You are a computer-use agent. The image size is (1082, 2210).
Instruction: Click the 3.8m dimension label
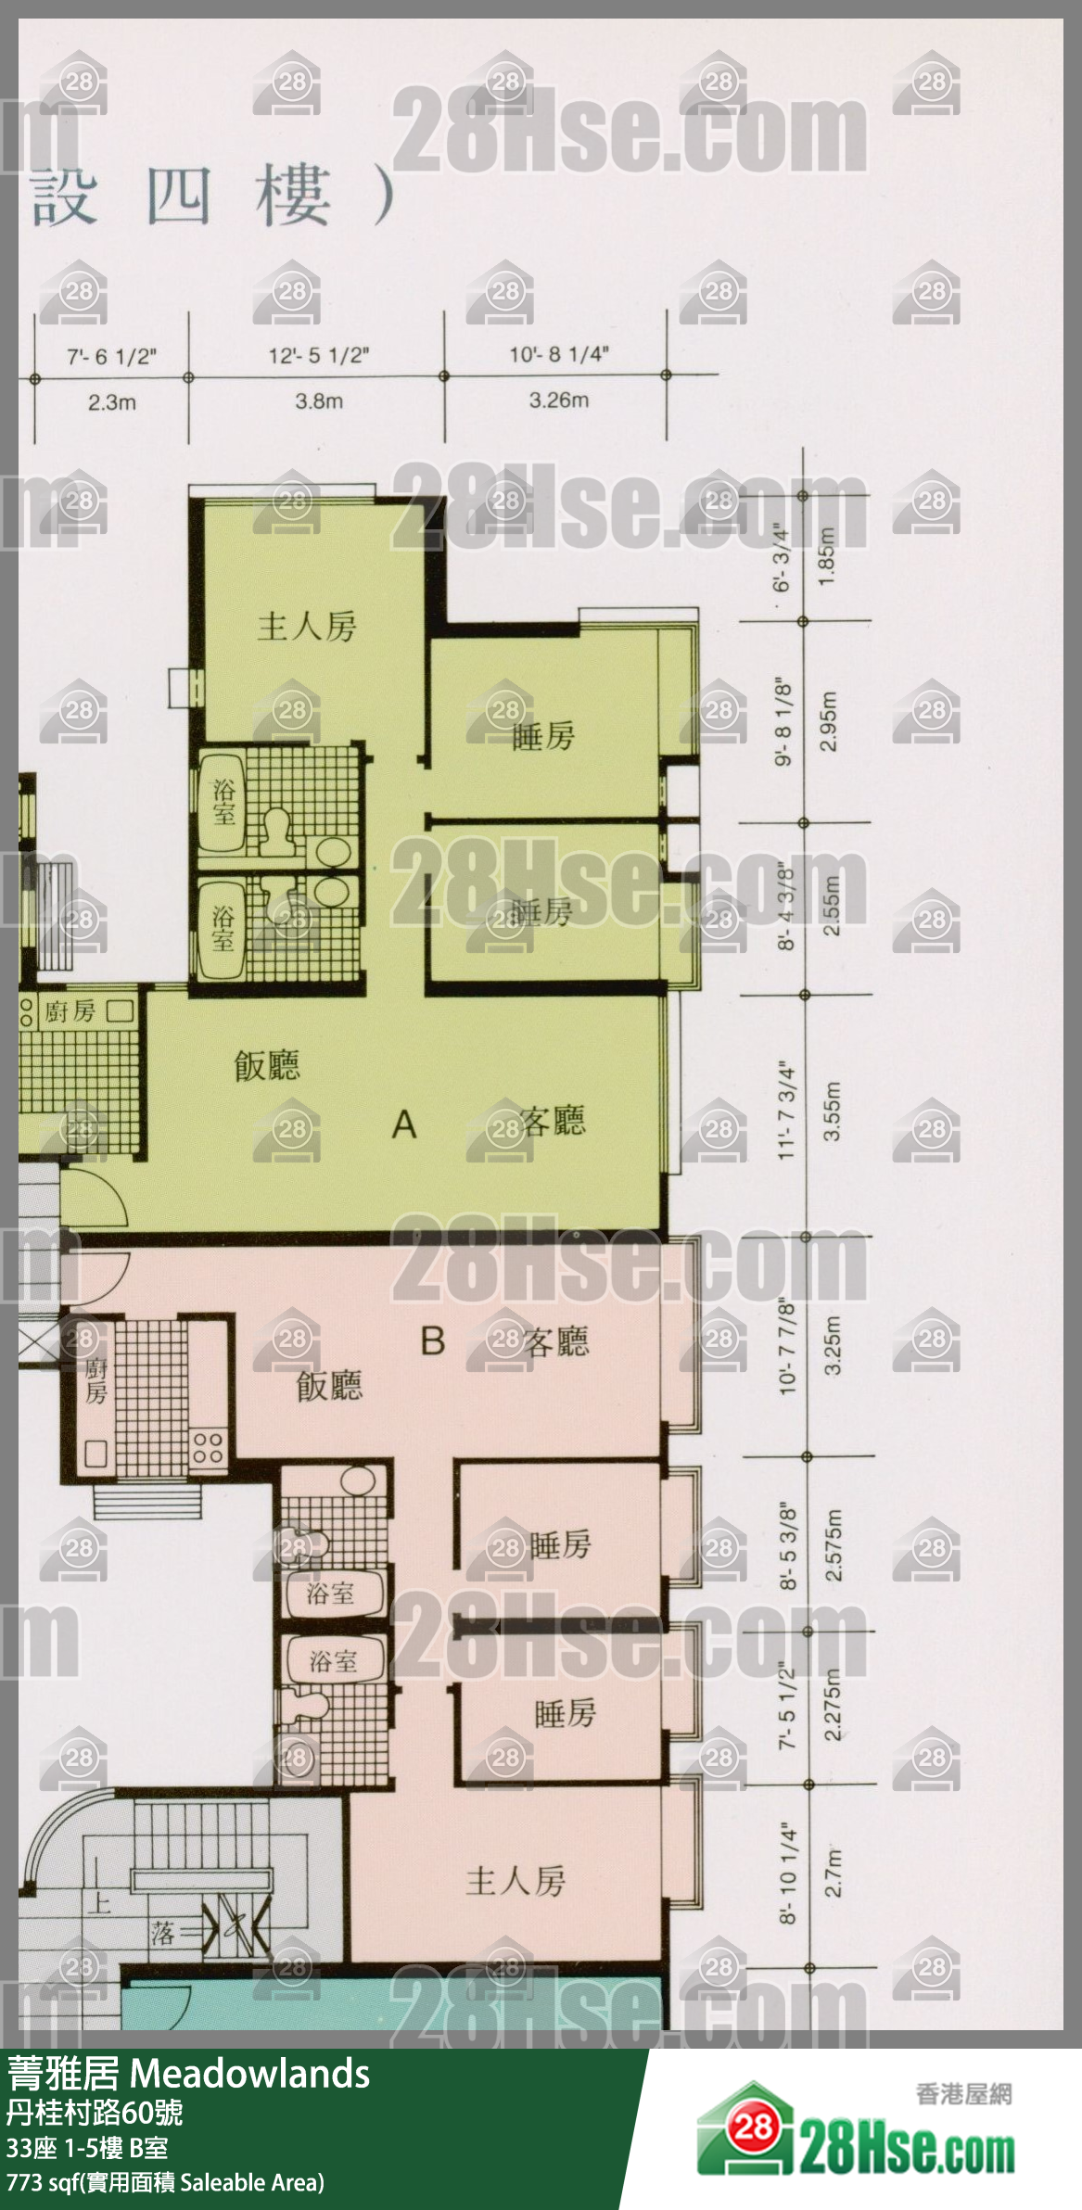pos(319,401)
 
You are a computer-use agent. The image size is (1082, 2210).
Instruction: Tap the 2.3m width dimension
pos(112,402)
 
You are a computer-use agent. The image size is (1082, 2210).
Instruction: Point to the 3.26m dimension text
pos(558,400)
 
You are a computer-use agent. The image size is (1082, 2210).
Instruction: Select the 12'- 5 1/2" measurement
pos(319,356)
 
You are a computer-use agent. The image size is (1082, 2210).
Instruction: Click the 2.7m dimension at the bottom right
pos(834,1873)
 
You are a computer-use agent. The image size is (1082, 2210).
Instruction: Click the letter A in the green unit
pos(404,1124)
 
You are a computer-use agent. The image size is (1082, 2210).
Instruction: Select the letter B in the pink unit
pos(433,1340)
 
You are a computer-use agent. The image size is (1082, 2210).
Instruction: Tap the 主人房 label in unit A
pos(307,628)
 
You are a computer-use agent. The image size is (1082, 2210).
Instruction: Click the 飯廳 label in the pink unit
pos(329,1386)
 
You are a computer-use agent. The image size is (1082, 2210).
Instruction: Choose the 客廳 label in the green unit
pos(554,1122)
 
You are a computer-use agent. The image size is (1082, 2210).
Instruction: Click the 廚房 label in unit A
pos(70,1010)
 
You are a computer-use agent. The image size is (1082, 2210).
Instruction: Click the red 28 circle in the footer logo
pos(753,2118)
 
